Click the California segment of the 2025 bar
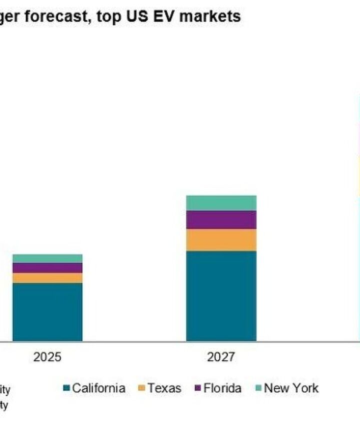point(47,312)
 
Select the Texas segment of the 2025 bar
point(47,278)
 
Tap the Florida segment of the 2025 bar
point(47,268)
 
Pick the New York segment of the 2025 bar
point(47,258)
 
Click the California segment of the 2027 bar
point(221,296)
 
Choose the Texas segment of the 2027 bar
point(221,240)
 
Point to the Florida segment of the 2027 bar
point(221,219)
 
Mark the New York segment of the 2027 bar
point(221,203)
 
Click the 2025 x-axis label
point(47,357)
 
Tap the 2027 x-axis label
point(221,357)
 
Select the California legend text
point(98,388)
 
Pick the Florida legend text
point(222,388)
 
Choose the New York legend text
point(291,388)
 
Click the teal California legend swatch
point(66,389)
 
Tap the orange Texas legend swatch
point(141,389)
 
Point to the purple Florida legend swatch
point(198,389)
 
